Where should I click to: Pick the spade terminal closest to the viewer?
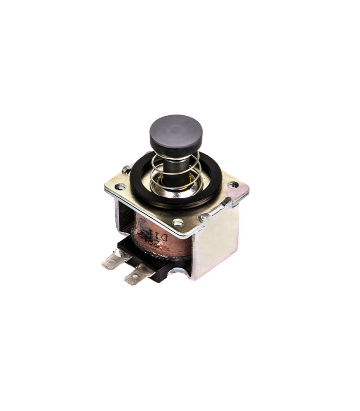[x=135, y=277]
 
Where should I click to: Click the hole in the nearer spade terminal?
[x=134, y=279]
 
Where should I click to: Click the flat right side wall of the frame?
[x=219, y=241]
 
